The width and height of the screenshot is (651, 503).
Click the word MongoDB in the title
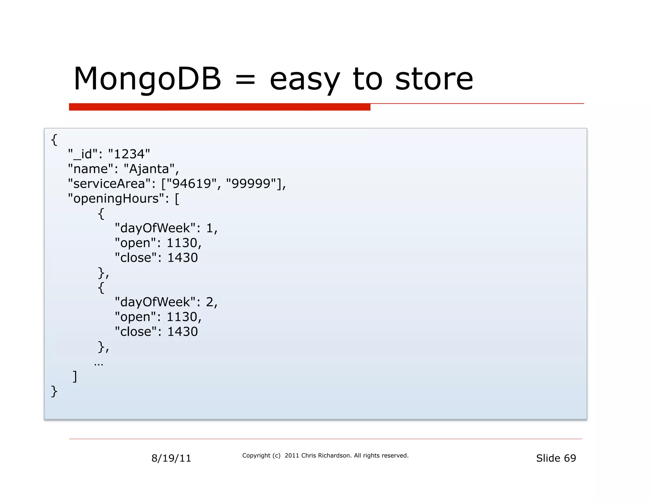147,79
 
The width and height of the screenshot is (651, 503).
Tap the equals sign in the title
245,79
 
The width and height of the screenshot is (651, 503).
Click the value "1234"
129,154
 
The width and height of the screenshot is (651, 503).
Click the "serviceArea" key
109,183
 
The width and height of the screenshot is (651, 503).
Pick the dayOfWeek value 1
209,228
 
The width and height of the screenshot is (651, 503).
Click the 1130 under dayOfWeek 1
182,243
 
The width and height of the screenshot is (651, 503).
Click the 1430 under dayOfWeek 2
182,332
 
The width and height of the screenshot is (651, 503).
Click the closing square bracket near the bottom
75,376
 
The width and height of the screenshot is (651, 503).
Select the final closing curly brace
54,391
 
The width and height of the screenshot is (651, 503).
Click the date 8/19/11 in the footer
171,458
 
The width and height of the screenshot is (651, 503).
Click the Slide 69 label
556,458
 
